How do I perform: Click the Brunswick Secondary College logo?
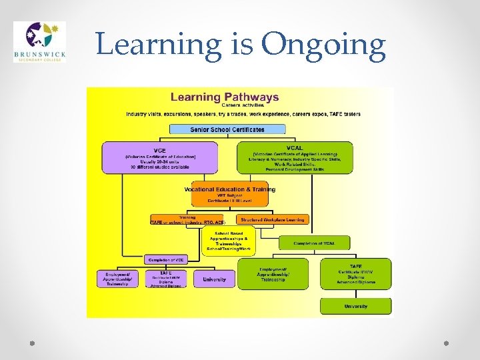pos(39,41)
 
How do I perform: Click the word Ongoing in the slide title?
pos(323,44)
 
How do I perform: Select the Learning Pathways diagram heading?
pos(225,97)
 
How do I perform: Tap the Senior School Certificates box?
pos(227,129)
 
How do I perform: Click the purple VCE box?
pos(160,157)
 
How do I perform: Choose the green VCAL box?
pos(294,157)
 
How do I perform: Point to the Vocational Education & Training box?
pos(229,193)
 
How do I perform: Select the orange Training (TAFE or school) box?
pos(187,219)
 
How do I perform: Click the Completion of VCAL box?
pos(315,243)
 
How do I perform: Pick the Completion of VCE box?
pos(165,259)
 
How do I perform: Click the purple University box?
pos(215,279)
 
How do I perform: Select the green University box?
pos(355,307)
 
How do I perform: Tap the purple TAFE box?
pos(165,279)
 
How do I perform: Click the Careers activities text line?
pos(242,105)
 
